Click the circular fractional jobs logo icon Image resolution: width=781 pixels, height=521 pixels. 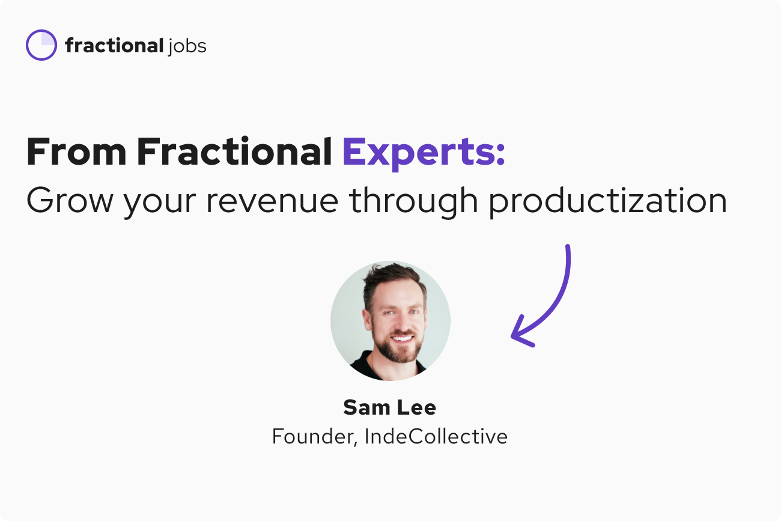41,45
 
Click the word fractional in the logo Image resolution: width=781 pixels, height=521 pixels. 114,45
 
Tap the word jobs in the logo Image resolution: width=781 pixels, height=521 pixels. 187,46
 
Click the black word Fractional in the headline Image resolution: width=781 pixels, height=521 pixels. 234,152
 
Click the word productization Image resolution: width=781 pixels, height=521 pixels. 607,201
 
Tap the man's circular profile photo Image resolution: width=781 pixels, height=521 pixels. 390,320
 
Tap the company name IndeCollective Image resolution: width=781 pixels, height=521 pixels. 436,436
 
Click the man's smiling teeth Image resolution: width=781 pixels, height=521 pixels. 397,338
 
